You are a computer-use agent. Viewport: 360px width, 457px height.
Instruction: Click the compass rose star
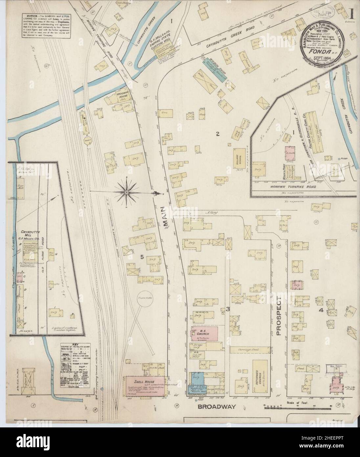point(127,191)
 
